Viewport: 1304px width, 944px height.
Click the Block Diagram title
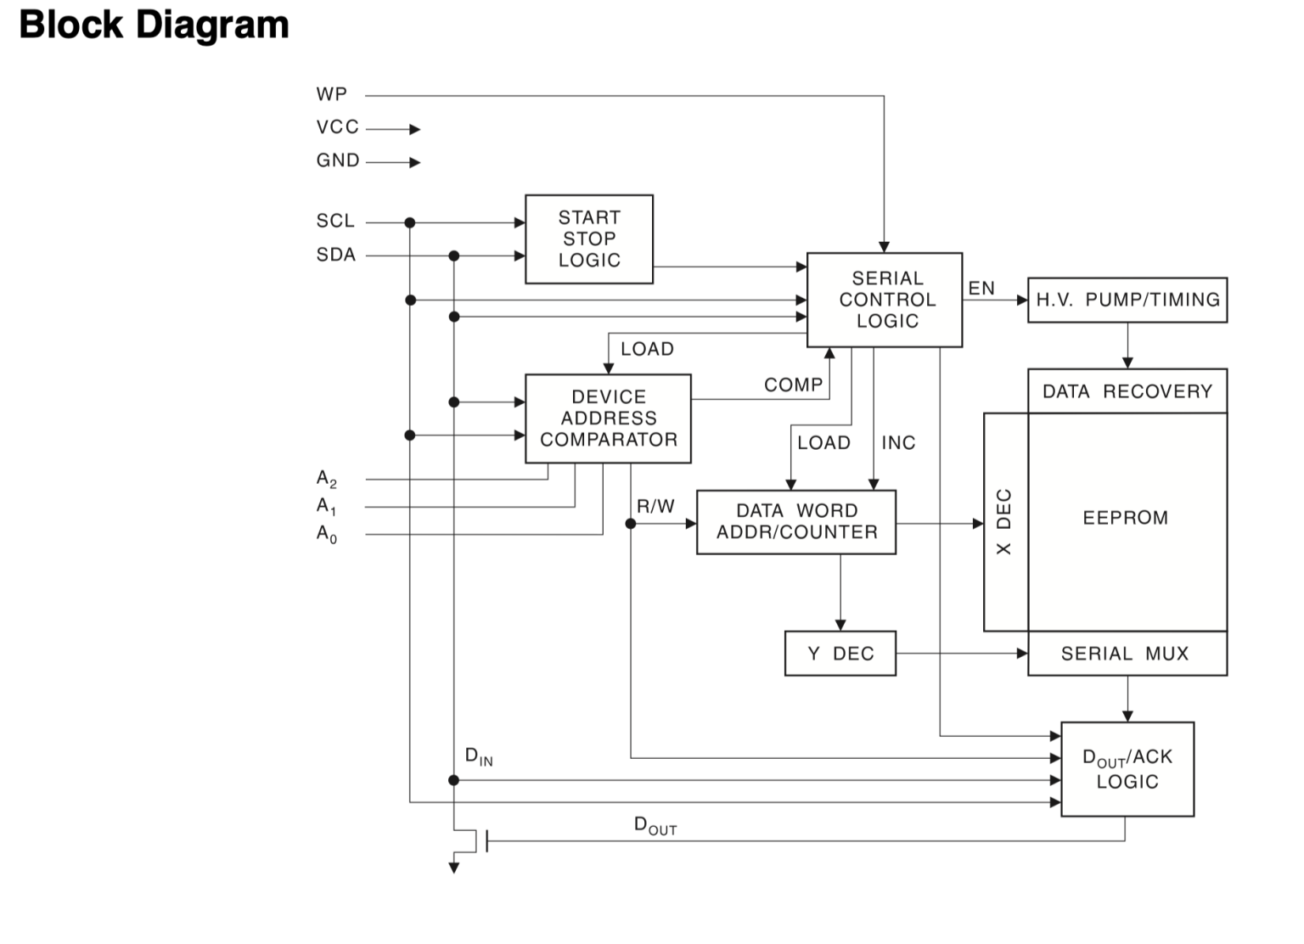(x=154, y=25)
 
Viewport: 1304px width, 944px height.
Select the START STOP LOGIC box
(x=589, y=239)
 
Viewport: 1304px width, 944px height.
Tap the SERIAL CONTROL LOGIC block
(x=885, y=300)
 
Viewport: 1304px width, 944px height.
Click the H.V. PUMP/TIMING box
(x=1127, y=300)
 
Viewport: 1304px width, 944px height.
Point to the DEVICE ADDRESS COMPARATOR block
(x=608, y=419)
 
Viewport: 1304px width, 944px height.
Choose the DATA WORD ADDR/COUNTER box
(x=795, y=522)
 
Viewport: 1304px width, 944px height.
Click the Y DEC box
(x=840, y=654)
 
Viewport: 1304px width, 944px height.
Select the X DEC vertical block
(x=1005, y=522)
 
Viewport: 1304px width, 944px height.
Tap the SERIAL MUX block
(x=1127, y=654)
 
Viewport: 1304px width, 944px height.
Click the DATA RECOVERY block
(x=1127, y=391)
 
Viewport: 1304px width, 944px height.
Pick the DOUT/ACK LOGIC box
(x=1127, y=769)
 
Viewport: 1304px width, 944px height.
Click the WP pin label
(x=332, y=94)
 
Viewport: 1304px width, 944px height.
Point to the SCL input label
(x=335, y=221)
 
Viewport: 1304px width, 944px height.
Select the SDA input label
(x=336, y=255)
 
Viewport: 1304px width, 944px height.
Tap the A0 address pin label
(x=327, y=534)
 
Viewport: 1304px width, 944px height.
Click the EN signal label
(x=981, y=289)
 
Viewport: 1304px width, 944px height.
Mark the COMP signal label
(x=793, y=385)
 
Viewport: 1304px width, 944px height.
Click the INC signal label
(x=898, y=443)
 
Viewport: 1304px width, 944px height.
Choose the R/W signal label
(x=655, y=507)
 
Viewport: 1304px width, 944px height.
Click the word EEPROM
(x=1125, y=518)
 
